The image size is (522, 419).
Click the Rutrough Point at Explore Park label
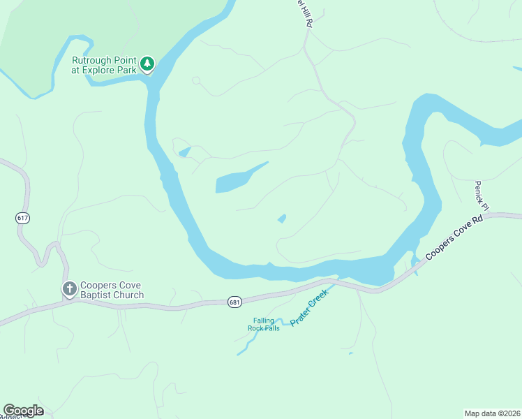(x=105, y=65)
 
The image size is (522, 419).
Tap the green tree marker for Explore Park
(x=147, y=64)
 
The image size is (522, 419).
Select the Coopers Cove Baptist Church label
(x=112, y=290)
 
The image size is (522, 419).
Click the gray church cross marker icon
(x=69, y=288)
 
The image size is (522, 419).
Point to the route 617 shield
(x=23, y=218)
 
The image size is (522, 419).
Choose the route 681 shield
(x=234, y=302)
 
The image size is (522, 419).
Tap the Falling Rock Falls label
(x=263, y=324)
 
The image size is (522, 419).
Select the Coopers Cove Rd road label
(x=454, y=237)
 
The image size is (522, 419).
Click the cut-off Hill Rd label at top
(x=304, y=13)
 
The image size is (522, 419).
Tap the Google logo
(x=23, y=411)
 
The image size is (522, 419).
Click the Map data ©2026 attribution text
(x=492, y=413)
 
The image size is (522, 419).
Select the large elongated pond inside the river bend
(x=237, y=179)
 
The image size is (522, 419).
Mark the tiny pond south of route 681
(x=350, y=353)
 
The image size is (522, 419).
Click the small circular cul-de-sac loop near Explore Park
(x=196, y=81)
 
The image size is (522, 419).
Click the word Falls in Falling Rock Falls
(x=271, y=328)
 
